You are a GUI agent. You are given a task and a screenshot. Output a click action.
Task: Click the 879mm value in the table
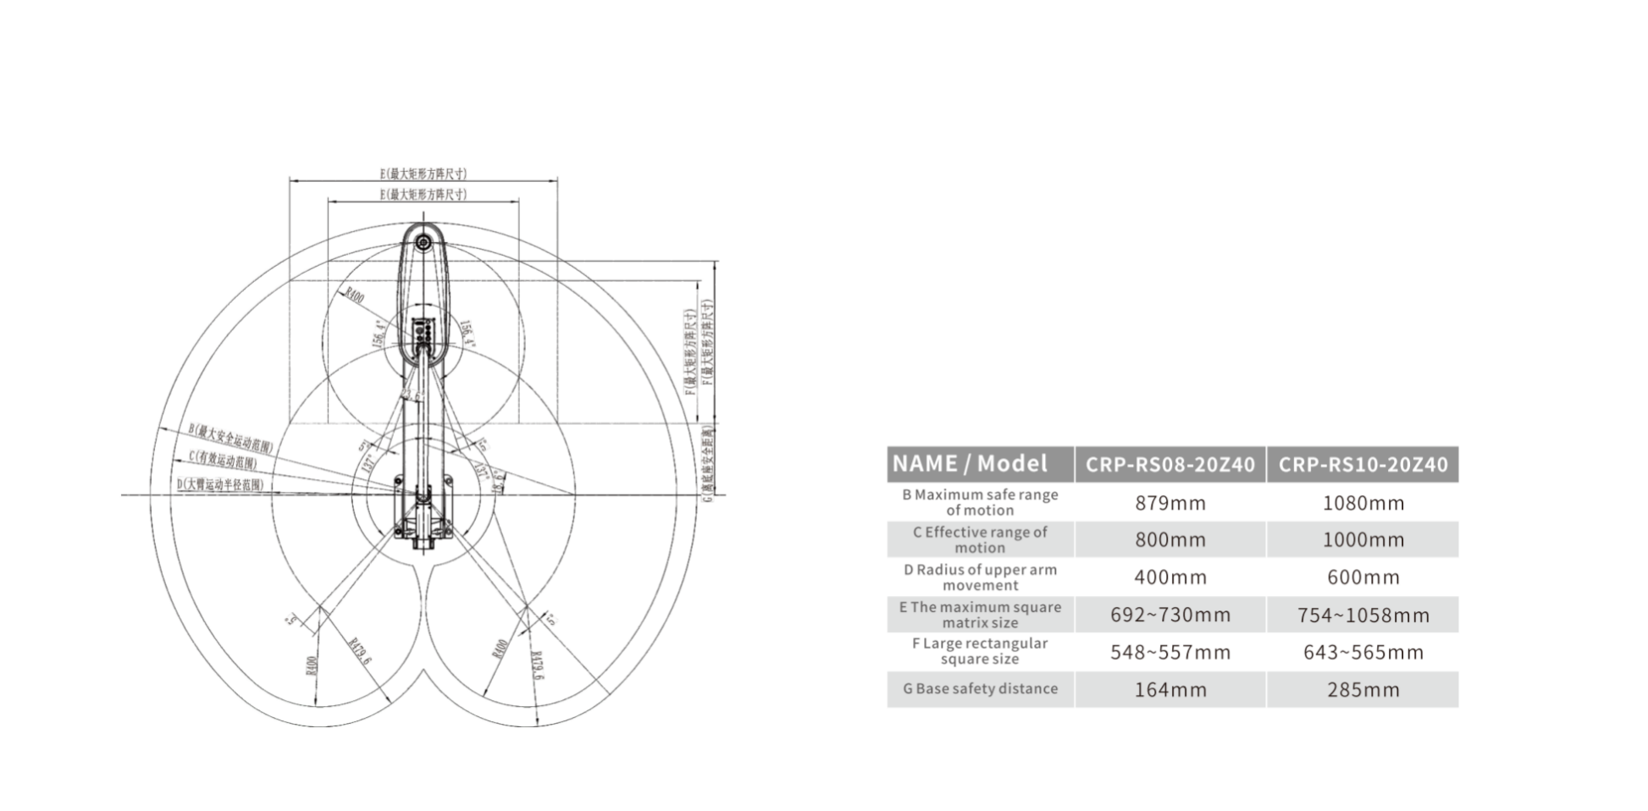1170,503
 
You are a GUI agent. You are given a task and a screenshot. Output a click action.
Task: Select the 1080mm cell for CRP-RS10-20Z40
1363,503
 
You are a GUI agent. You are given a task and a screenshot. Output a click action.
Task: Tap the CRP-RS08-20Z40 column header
1170,464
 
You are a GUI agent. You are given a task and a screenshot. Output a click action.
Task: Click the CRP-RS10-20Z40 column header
1363,464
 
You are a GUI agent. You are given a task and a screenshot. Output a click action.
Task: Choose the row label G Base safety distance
980,689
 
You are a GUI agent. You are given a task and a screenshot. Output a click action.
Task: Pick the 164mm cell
1170,690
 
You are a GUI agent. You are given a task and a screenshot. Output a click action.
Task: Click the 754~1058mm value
1363,615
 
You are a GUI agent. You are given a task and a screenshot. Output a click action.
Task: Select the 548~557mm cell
1170,653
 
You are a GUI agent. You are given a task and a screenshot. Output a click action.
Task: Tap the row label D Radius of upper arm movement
980,577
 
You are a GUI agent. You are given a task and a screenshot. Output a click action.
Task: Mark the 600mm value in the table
1363,577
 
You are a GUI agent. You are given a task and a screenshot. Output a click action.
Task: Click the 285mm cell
1363,690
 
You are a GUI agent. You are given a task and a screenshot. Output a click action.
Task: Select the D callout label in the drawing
219,484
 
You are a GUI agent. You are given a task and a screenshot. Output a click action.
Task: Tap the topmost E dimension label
423,174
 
